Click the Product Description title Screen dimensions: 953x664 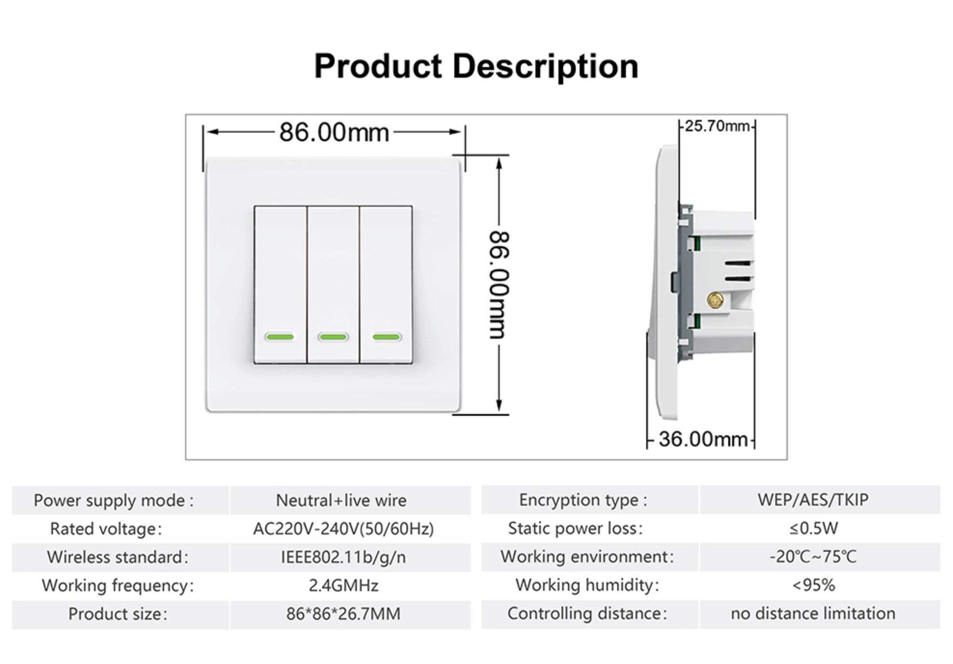click(476, 66)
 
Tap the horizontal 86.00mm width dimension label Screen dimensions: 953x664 click(334, 132)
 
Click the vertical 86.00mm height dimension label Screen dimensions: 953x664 click(499, 285)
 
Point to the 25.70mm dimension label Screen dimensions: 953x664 click(717, 126)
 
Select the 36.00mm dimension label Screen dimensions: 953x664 click(703, 439)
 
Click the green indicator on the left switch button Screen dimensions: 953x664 click(280, 337)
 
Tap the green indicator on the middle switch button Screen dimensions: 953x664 click(333, 337)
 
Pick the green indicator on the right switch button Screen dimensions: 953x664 click(386, 337)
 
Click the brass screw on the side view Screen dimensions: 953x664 click(715, 300)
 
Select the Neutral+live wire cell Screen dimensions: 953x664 click(341, 500)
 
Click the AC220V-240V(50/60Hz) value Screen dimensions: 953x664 click(343, 529)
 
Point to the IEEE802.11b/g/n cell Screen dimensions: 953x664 click(343, 557)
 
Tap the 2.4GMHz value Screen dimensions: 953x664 click(343, 585)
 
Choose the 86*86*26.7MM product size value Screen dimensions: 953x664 click(343, 614)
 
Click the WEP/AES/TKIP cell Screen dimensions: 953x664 click(813, 500)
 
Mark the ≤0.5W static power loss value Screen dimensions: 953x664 click(813, 528)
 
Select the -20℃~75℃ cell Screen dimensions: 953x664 click(813, 557)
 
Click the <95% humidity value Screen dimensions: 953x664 click(813, 585)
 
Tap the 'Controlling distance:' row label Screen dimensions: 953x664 click(587, 613)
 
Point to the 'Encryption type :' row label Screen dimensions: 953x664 click(583, 500)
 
